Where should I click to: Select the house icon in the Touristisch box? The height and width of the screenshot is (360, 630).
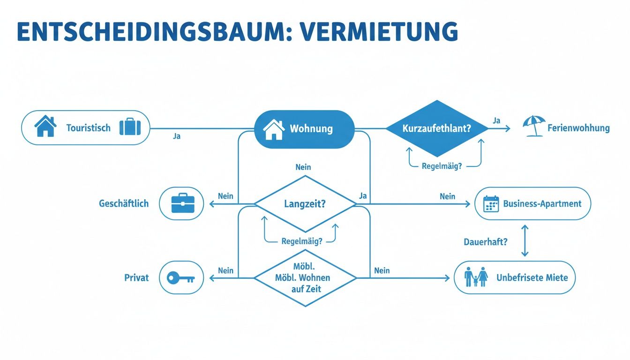(x=45, y=127)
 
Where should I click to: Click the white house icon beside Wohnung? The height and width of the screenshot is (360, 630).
(x=274, y=129)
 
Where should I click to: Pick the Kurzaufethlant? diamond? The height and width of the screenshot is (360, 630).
(x=436, y=128)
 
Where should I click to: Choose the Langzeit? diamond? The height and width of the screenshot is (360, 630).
(x=305, y=204)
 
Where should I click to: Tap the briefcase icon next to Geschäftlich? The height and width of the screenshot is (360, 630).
(x=181, y=204)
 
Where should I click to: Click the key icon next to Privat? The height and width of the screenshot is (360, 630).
(x=181, y=278)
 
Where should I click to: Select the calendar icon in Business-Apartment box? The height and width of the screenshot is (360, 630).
(x=490, y=204)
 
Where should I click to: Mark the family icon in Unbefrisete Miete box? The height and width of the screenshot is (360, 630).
(x=476, y=277)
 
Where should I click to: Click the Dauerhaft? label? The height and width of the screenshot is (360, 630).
(x=486, y=243)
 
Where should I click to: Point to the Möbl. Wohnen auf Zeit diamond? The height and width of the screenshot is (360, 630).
(x=305, y=278)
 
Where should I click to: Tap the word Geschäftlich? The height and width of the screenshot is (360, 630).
(x=124, y=204)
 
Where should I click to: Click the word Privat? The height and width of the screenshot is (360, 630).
(x=136, y=277)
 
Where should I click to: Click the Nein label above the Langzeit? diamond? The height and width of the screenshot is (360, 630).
(x=303, y=167)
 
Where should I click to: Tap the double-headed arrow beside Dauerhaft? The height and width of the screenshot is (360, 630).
(x=524, y=240)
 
